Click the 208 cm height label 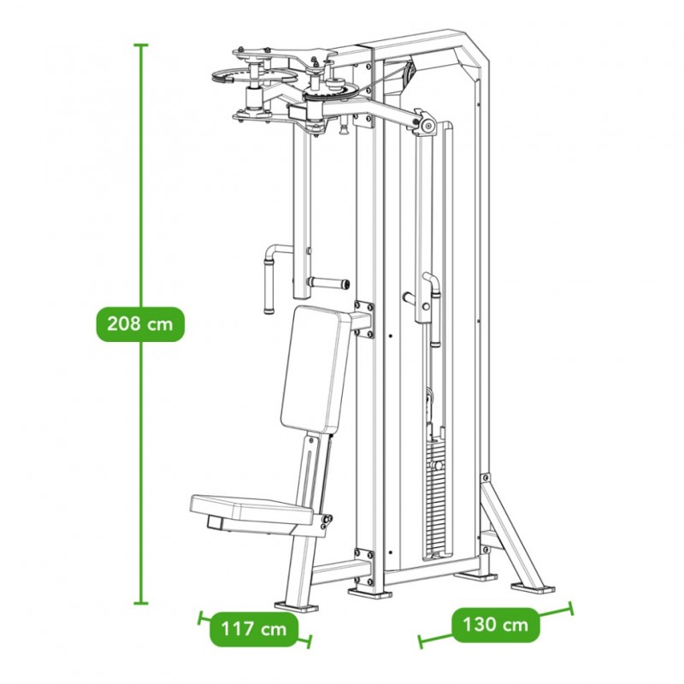point(140,324)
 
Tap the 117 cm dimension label point(254,629)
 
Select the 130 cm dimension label point(495,625)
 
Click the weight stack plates point(437,498)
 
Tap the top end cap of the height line point(140,45)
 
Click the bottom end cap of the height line point(140,604)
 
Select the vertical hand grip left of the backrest point(268,284)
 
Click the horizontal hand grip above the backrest point(328,284)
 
